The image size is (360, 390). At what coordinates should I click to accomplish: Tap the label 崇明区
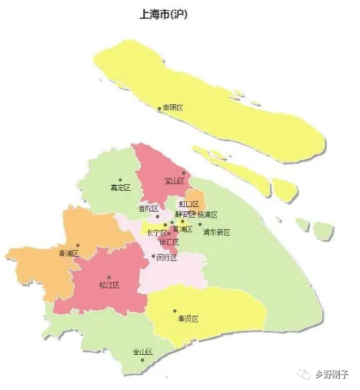pos(173,107)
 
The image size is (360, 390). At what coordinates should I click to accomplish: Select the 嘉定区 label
pos(120,188)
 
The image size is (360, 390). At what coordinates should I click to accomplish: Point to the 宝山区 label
pos(174,181)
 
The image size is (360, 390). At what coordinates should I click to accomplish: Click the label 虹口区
pos(189,204)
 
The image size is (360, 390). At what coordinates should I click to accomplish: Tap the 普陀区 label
pos(148,208)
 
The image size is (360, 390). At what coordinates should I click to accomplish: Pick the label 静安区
pos(185,214)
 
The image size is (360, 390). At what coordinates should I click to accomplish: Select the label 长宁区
pos(156,232)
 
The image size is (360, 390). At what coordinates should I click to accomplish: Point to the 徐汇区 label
pos(169,242)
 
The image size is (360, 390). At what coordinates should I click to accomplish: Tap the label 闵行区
pos(167,257)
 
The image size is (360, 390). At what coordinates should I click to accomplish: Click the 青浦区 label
pos(68,253)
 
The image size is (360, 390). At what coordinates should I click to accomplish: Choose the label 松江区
pos(109,285)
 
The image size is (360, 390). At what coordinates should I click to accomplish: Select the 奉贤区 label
pos(187,319)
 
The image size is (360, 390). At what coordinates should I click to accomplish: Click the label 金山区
pos(143,352)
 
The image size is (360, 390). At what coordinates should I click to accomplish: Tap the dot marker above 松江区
pos(109,277)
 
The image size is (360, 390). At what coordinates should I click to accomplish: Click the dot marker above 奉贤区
pos(175,311)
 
